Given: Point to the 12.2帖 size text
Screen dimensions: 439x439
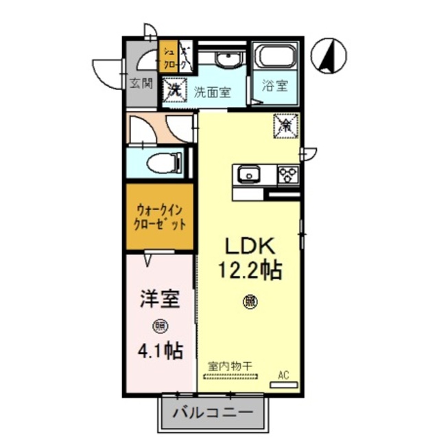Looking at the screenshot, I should click(250, 270).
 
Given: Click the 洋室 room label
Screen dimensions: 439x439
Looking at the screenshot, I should click(160, 300).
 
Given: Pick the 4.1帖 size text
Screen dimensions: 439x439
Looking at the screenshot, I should click(160, 351).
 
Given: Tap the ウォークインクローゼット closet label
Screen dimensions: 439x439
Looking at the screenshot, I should click(160, 217).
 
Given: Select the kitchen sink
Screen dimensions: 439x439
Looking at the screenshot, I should click(248, 175).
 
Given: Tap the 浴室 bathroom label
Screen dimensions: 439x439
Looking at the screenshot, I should click(275, 87).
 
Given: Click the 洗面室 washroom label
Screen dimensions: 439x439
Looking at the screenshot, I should click(211, 91).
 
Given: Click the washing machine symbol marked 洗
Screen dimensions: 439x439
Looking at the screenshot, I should click(175, 89).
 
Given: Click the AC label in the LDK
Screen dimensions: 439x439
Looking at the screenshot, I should click(283, 375).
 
